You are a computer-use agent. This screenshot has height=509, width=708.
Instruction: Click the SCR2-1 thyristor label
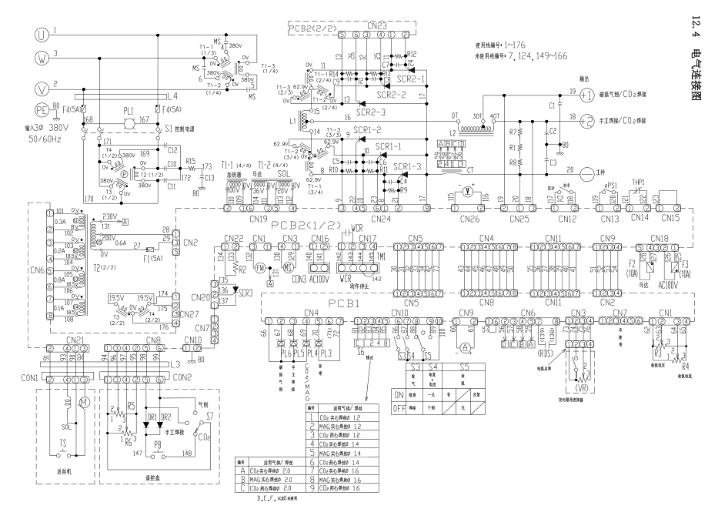click(412, 79)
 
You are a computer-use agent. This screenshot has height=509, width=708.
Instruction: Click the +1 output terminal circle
click(587, 95)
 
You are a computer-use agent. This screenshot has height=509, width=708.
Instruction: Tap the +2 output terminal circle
click(587, 120)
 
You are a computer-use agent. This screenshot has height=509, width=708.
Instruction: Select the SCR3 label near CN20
click(244, 293)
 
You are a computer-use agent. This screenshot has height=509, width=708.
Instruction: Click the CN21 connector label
click(75, 340)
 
